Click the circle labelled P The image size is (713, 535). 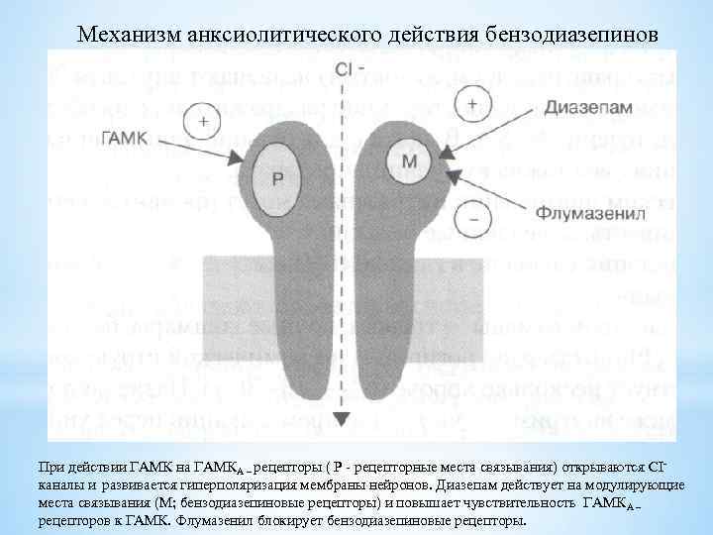[278, 176]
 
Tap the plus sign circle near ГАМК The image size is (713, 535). [204, 121]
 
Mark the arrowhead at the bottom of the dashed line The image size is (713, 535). [341, 418]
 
